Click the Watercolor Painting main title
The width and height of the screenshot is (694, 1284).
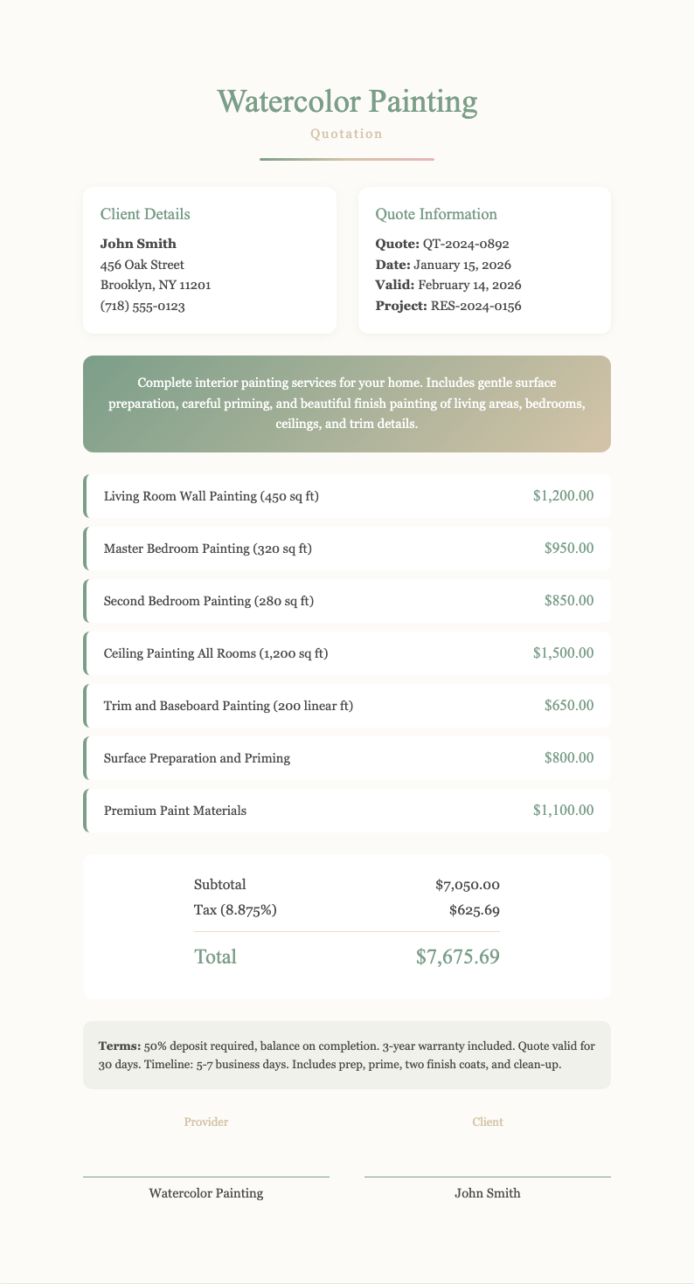[347, 103]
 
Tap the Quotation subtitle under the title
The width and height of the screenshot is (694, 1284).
[347, 135]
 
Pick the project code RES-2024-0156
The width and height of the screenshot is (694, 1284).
[476, 307]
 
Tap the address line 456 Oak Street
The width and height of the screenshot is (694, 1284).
[142, 265]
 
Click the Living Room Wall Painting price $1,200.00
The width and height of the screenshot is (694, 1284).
[563, 496]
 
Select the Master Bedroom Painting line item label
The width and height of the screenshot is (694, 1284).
[207, 549]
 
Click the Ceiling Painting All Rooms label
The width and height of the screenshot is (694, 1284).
[215, 653]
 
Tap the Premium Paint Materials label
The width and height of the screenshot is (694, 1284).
[175, 811]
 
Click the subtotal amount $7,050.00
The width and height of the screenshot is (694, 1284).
[467, 885]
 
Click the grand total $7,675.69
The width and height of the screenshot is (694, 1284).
[458, 956]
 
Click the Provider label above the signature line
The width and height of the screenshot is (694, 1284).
[206, 1122]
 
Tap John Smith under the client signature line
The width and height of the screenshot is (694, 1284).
[488, 1193]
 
